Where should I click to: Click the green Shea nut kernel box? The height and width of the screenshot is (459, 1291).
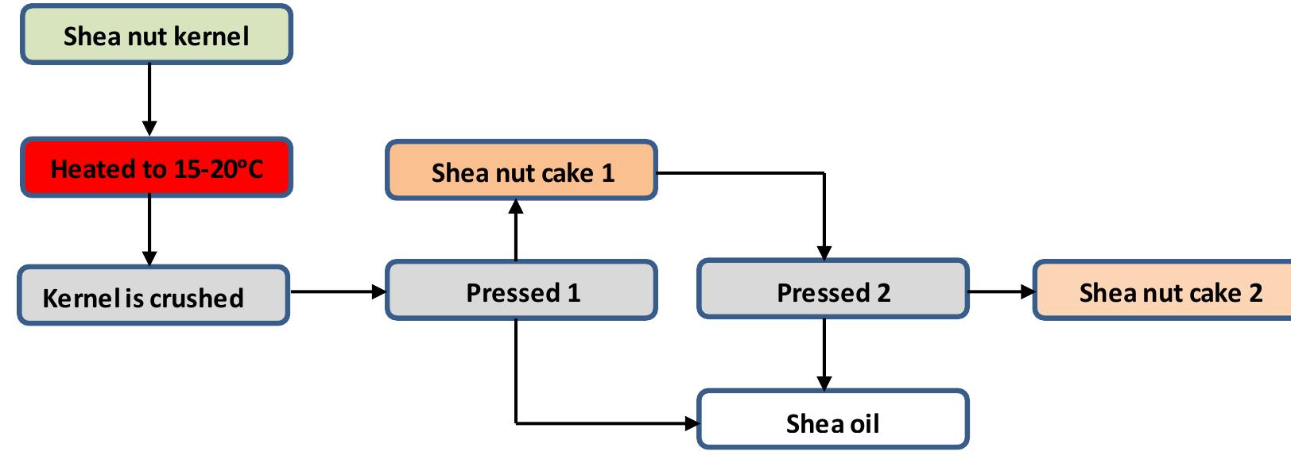point(157,35)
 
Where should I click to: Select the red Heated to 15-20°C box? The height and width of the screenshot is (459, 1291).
point(157,168)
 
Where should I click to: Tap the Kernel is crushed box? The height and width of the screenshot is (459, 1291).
point(153,296)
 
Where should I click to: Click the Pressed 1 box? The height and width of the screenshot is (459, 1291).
point(521,291)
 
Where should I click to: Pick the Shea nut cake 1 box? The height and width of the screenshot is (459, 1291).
point(521,171)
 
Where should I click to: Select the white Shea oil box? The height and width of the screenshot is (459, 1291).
point(833,420)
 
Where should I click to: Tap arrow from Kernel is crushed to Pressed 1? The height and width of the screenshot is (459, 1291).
point(338,291)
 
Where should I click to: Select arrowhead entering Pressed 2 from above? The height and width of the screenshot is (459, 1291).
point(824,252)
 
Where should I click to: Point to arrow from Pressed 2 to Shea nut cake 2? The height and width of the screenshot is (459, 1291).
point(1002,291)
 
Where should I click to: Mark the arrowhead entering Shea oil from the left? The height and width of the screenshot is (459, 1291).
point(690,423)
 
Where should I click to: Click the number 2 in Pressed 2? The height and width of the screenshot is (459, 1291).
point(883,293)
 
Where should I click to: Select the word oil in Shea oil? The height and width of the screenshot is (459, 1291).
point(864,423)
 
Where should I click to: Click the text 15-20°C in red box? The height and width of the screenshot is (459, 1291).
point(217,168)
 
